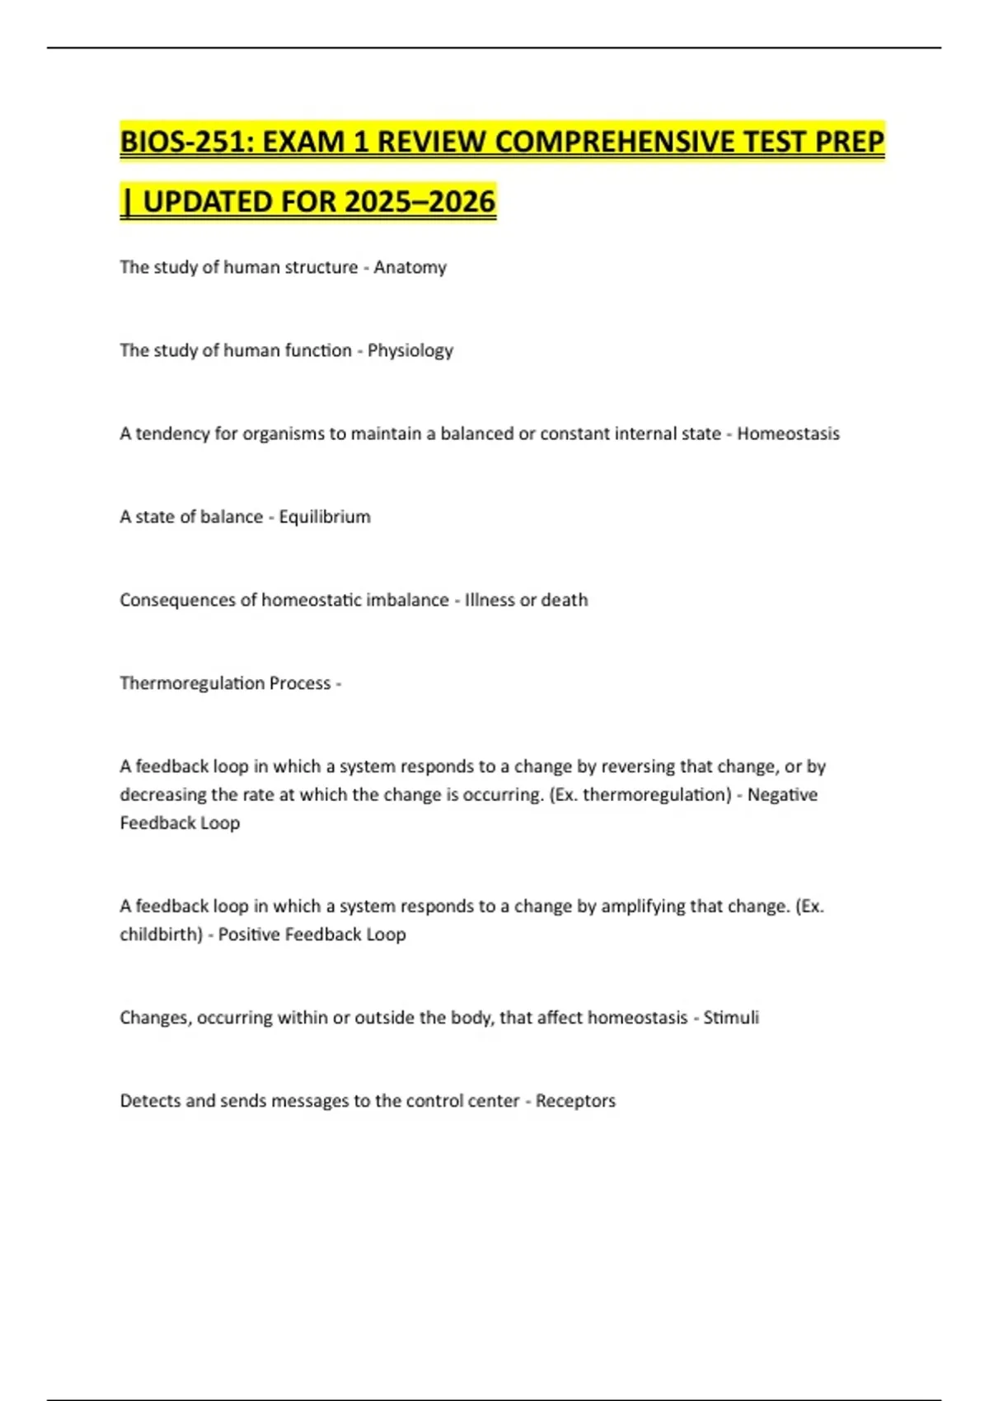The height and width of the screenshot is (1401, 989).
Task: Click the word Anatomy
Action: [x=410, y=268]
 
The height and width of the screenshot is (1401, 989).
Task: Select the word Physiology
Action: [x=410, y=351]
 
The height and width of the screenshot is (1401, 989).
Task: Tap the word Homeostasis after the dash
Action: [x=788, y=434]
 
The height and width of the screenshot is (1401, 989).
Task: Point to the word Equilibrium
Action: [x=325, y=518]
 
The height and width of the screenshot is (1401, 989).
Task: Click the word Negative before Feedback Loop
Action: [x=782, y=795]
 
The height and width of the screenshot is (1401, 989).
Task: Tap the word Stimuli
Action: [x=731, y=1018]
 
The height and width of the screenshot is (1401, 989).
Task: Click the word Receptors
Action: [x=575, y=1101]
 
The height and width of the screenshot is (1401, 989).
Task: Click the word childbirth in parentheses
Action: [x=158, y=935]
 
